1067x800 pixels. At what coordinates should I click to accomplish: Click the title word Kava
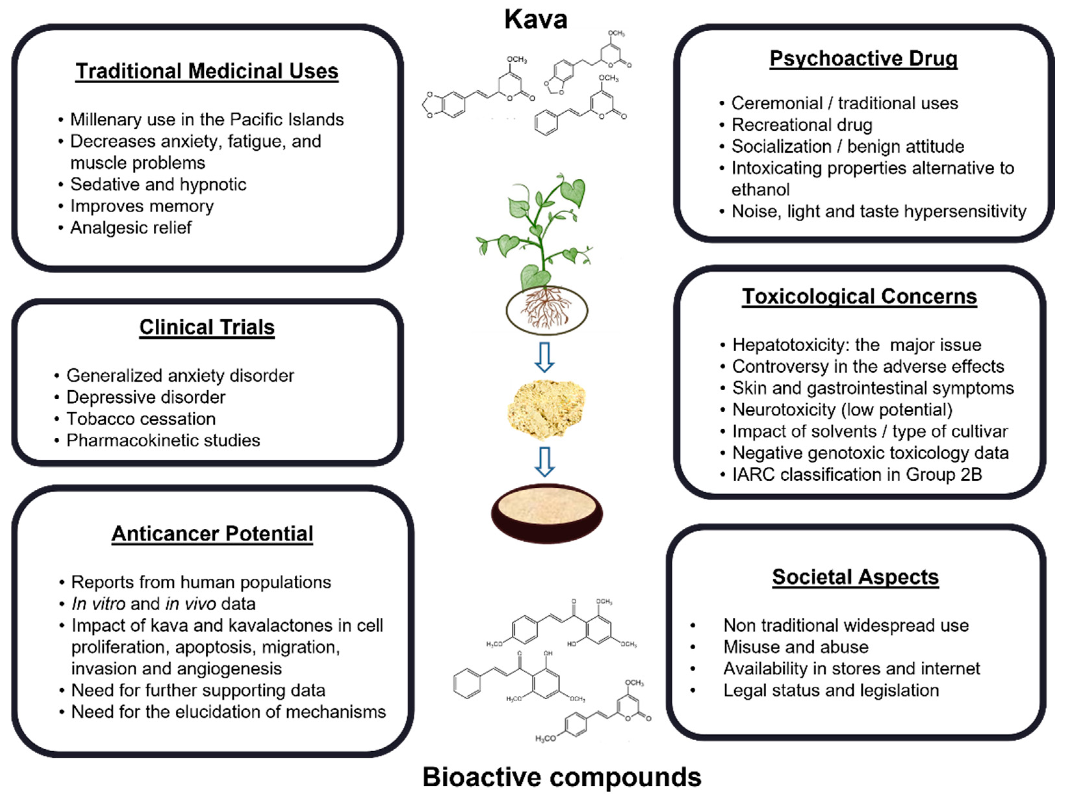[535, 19]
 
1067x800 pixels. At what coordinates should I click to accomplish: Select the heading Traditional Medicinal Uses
[207, 71]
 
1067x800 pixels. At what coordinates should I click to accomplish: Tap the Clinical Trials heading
[207, 327]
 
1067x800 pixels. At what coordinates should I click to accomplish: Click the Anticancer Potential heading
[212, 534]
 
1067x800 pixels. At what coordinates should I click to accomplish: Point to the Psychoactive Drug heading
[863, 58]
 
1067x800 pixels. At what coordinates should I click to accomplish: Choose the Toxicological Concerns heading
[859, 296]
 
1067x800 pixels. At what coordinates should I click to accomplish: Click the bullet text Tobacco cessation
[141, 419]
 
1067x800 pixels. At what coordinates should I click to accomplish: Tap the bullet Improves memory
[142, 206]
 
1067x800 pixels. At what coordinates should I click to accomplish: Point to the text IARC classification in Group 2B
[857, 475]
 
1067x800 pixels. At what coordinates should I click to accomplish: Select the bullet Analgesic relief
[131, 228]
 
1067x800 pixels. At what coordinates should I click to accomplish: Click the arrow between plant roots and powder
[545, 357]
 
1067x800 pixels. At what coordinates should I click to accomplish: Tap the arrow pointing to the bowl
[545, 462]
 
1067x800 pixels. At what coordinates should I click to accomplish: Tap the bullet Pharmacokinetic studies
[163, 441]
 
